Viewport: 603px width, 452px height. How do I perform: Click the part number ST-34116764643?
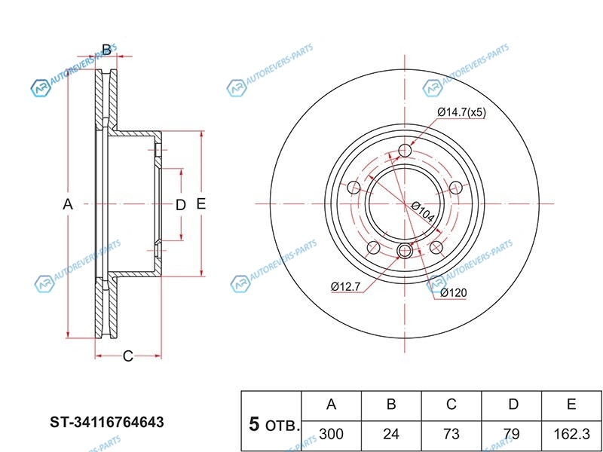[106, 422]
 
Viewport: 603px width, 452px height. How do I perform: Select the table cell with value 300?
[331, 435]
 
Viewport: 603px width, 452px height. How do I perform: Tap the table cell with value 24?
[391, 435]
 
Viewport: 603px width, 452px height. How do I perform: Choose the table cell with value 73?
[451, 435]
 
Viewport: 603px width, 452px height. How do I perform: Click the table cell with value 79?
[513, 435]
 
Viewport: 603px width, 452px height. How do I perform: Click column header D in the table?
[513, 405]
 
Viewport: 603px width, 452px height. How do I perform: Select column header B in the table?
[391, 405]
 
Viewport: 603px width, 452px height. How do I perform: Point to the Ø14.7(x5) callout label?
[461, 113]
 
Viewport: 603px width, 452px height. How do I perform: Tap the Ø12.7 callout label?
[346, 286]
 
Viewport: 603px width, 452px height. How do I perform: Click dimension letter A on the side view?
[67, 204]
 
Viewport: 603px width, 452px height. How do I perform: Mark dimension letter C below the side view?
[127, 356]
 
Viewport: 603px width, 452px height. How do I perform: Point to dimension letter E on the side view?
[200, 204]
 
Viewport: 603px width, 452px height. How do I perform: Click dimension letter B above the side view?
[106, 50]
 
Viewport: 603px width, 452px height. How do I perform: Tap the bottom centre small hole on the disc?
[405, 251]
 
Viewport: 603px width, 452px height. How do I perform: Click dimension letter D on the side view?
[180, 205]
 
